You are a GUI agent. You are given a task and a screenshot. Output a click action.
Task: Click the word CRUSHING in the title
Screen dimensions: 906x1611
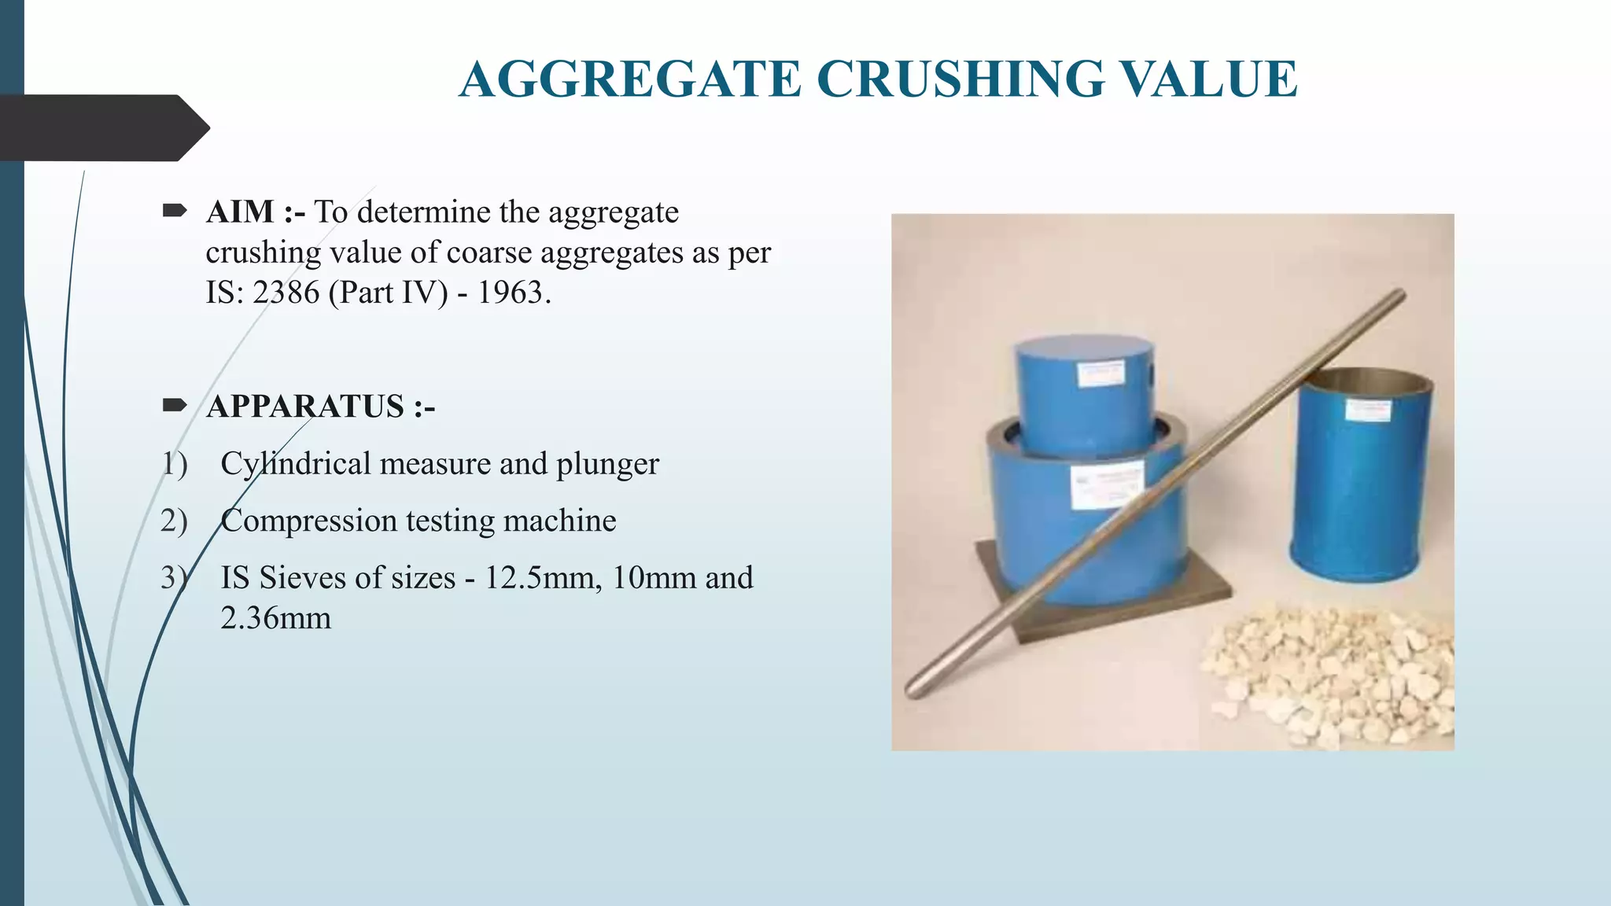click(x=960, y=79)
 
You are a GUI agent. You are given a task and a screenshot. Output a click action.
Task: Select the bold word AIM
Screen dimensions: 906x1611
click(x=240, y=212)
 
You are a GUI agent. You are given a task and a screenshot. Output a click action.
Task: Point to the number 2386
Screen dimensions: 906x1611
click(x=286, y=293)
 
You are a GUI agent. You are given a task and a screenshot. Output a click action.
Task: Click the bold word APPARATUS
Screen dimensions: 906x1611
click(x=305, y=407)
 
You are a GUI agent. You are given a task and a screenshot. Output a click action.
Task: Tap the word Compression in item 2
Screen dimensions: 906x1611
click(x=308, y=521)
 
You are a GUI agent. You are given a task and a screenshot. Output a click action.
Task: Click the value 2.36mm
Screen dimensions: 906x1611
click(x=275, y=618)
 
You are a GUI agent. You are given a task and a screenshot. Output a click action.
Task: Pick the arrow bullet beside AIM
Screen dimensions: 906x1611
click(x=174, y=210)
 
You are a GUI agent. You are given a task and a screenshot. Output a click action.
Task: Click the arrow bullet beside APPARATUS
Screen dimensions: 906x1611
click(x=174, y=405)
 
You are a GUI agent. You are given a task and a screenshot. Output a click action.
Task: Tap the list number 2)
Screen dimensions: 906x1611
click(x=174, y=521)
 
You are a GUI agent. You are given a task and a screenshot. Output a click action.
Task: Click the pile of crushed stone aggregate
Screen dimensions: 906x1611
click(x=1329, y=676)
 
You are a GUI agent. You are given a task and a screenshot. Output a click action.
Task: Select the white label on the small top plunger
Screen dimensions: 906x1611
click(x=1100, y=374)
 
